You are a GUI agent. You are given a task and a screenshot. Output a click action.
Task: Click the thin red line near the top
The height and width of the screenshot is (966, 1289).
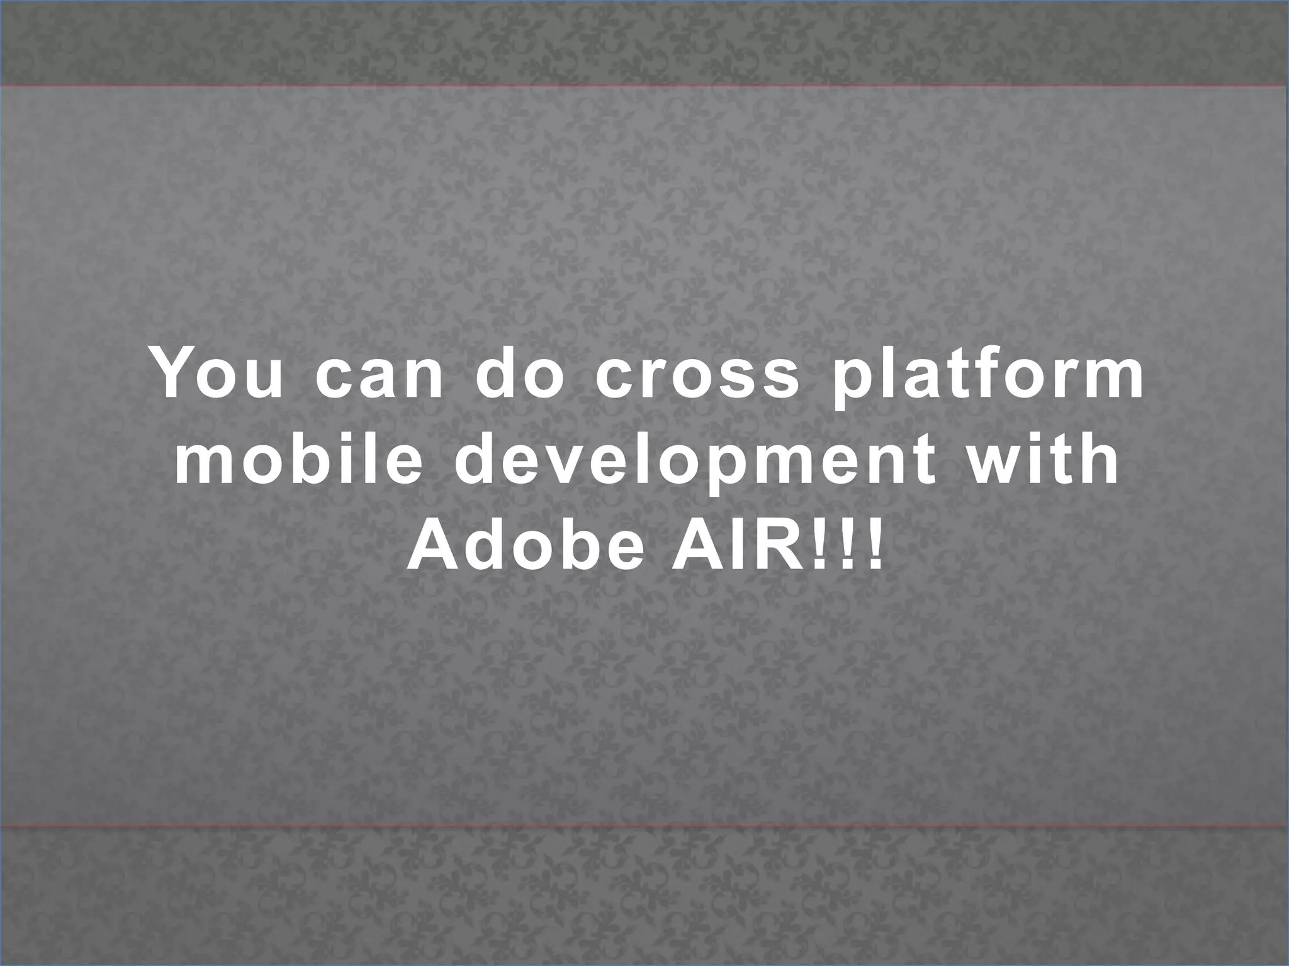[x=644, y=85]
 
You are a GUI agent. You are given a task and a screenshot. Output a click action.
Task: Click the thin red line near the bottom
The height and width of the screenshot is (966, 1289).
[x=644, y=826]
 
